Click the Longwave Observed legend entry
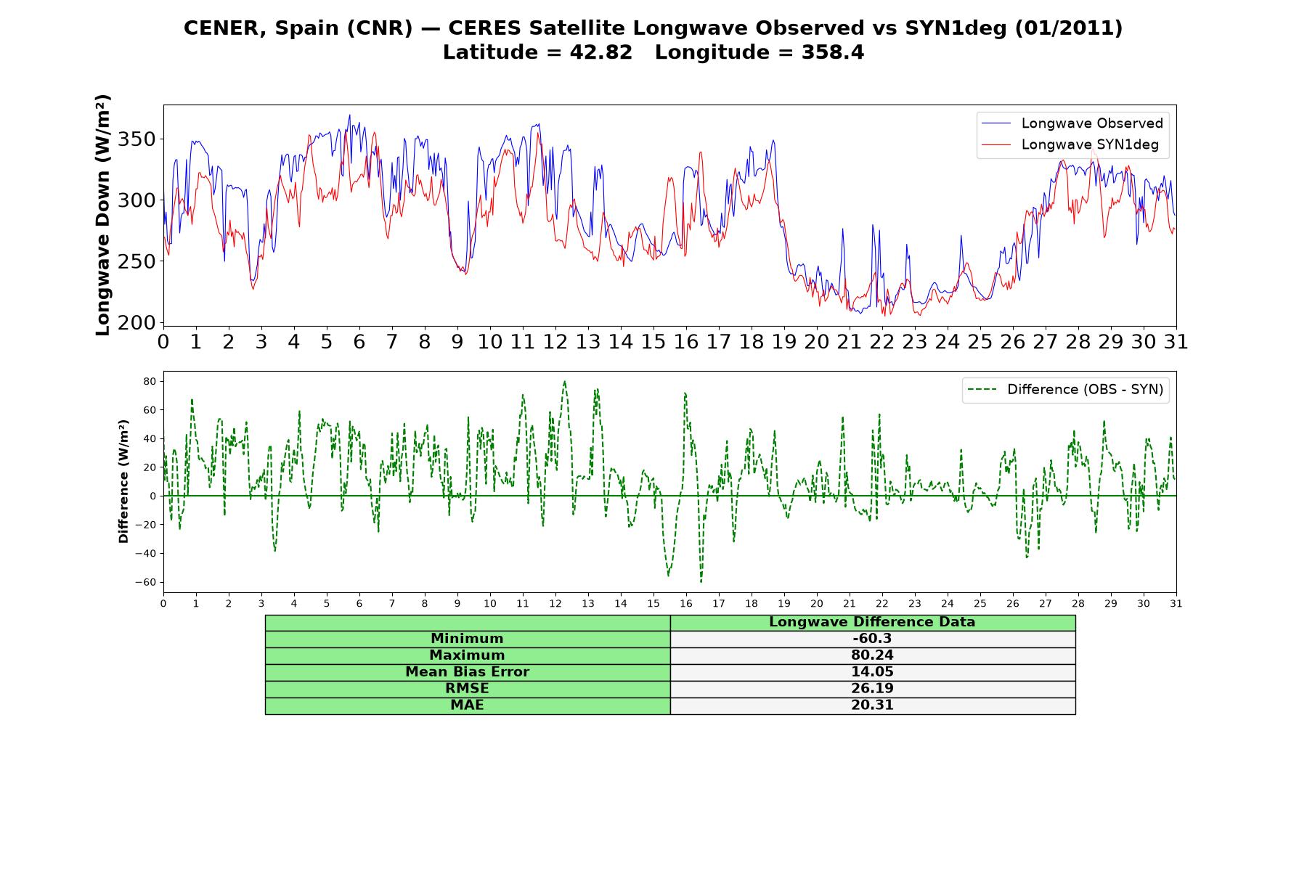[1072, 123]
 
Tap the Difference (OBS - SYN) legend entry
[1066, 390]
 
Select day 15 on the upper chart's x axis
[653, 341]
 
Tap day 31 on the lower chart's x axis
[1176, 603]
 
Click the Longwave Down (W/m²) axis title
[103, 215]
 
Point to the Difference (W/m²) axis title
[123, 481]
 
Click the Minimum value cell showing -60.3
[872, 639]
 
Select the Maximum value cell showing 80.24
[872, 655]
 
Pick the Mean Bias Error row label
[467, 672]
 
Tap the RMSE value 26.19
[872, 689]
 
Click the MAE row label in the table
[467, 706]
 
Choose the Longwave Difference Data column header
[872, 622]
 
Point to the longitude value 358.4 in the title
[833, 53]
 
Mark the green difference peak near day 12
[564, 381]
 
